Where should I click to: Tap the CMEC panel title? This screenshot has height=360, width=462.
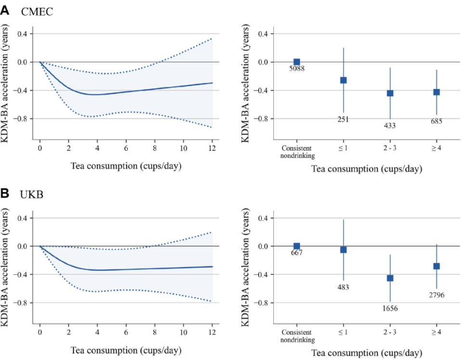(x=37, y=12)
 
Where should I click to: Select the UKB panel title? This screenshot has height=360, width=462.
(x=34, y=196)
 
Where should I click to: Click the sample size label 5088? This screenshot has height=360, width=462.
(x=296, y=68)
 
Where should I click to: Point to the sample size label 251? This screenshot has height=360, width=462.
(x=343, y=119)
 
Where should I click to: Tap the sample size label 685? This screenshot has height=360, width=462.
(x=436, y=121)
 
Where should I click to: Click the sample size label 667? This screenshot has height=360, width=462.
(x=296, y=254)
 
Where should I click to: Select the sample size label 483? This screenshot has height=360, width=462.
(x=343, y=287)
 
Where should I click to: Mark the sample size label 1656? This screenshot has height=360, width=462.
(x=390, y=309)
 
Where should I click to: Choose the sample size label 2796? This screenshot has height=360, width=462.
(x=436, y=295)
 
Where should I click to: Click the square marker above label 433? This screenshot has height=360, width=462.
(x=390, y=93)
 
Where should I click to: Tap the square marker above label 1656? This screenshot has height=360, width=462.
(x=390, y=278)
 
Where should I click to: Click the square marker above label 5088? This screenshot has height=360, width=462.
(x=296, y=62)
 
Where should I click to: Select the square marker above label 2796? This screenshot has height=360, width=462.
(x=436, y=266)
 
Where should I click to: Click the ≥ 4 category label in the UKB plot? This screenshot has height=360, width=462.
(x=436, y=332)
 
